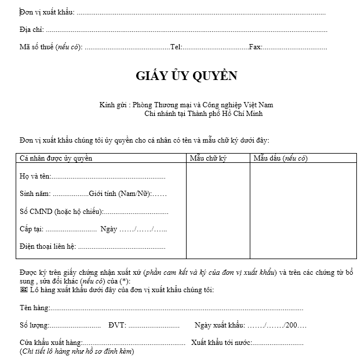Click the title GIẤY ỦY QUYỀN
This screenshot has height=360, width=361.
[186, 76]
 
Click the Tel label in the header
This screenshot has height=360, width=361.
[176, 47]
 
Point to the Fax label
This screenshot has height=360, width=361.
[255, 47]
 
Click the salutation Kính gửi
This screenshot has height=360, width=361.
[113, 105]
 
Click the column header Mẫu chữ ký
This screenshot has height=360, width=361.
[208, 158]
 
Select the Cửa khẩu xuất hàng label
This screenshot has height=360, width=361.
[51, 342]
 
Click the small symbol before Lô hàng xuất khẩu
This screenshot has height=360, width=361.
[23, 289]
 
